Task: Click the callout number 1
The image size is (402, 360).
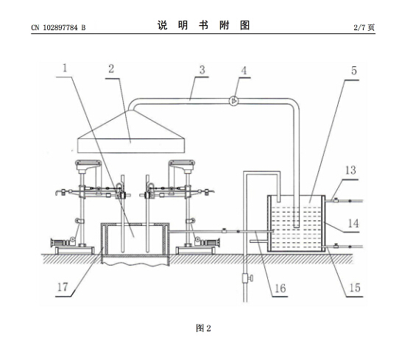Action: [x=65, y=68]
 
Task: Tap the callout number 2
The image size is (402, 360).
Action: [x=111, y=69]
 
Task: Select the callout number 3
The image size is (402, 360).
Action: [x=202, y=70]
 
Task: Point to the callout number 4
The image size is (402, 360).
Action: [x=244, y=71]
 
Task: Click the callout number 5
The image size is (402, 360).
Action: [x=354, y=71]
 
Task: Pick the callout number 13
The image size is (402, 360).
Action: [x=350, y=170]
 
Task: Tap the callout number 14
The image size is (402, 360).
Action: [x=353, y=224]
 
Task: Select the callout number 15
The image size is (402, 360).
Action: [x=355, y=288]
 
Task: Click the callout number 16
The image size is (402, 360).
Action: [x=280, y=289]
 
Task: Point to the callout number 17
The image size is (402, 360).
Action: [x=63, y=287]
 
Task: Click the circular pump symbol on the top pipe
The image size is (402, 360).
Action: [x=234, y=101]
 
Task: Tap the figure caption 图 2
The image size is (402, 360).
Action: [x=203, y=328]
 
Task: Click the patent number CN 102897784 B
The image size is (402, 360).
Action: [x=58, y=27]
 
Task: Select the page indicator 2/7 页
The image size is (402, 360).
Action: [x=364, y=27]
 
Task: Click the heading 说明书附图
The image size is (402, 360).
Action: [x=203, y=25]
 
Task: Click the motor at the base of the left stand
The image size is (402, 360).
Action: [x=61, y=241]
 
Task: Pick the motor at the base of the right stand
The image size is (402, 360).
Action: [x=208, y=241]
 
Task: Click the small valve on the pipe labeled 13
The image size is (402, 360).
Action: [x=335, y=200]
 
